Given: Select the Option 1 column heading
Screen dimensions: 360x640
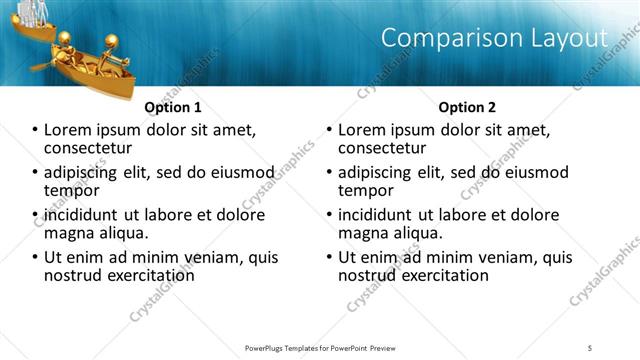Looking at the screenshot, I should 173,107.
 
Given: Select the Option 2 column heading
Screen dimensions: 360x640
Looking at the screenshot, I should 467,107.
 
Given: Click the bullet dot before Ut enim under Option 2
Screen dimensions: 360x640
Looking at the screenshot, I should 329,257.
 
